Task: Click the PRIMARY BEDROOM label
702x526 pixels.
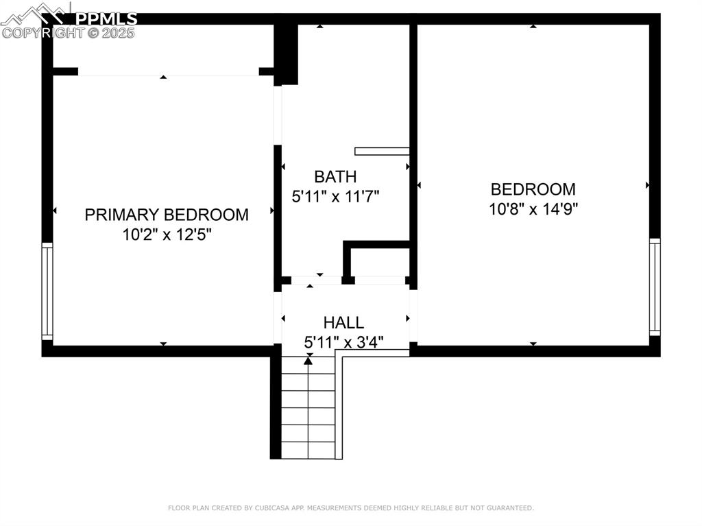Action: point(167,215)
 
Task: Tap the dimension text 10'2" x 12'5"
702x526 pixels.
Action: point(167,235)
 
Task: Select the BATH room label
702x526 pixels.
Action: point(335,177)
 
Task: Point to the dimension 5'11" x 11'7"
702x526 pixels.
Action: point(335,197)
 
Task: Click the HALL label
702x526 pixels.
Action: point(343,322)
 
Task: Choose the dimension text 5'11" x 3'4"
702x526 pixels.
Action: point(343,341)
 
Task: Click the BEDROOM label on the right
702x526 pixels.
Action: point(533,189)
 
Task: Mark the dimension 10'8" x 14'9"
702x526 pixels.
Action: point(533,209)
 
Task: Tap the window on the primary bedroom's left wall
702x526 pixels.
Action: point(47,291)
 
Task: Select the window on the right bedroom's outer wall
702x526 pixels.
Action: point(655,287)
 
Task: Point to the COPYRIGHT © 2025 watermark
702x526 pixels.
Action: point(69,32)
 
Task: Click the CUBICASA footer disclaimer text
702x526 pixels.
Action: point(350,508)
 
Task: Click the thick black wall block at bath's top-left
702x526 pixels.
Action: point(286,53)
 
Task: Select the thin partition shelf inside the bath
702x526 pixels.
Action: point(382,152)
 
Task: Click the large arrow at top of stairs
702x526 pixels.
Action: point(309,359)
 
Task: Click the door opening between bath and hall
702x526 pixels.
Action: point(316,280)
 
